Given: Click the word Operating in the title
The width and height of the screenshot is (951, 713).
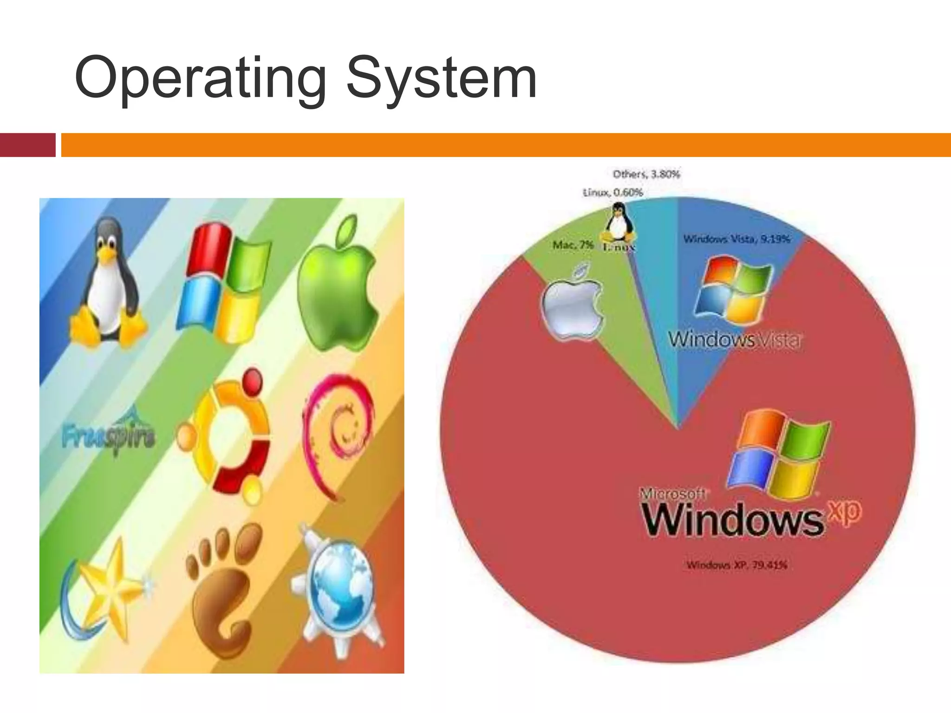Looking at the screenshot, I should pyautogui.click(x=200, y=79).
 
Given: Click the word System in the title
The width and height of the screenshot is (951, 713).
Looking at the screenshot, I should pyautogui.click(x=441, y=79).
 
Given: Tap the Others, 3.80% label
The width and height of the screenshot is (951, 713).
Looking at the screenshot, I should pyautogui.click(x=646, y=175).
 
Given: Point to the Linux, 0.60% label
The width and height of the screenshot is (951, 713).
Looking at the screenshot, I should pyautogui.click(x=613, y=192).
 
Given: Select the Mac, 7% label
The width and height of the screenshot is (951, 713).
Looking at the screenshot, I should pyautogui.click(x=573, y=245).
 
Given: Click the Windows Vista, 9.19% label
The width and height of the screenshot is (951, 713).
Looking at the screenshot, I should pyautogui.click(x=736, y=239).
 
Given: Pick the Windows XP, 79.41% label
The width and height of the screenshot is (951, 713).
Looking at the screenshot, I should pyautogui.click(x=737, y=565).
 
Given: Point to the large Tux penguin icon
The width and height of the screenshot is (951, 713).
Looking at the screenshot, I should pyautogui.click(x=109, y=283).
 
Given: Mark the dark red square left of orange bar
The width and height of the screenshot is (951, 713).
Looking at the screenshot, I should pyautogui.click(x=27, y=145).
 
